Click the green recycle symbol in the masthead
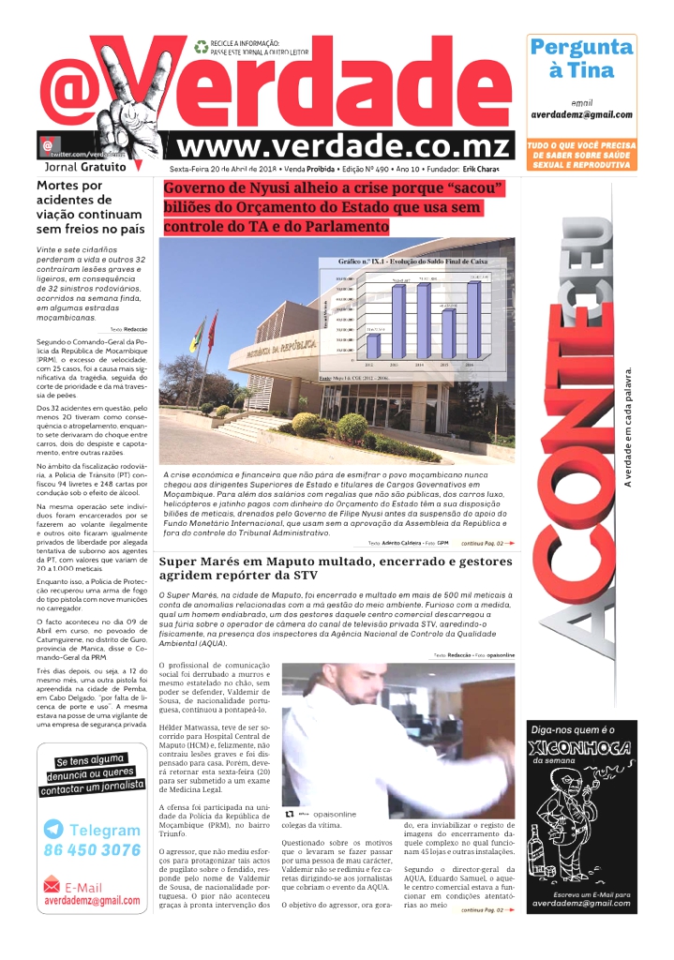point(201,46)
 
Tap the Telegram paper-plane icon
point(53,830)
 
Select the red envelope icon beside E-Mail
point(52,885)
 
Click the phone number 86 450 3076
point(92,850)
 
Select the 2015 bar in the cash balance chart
point(447,334)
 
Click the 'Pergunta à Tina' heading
point(581,57)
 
